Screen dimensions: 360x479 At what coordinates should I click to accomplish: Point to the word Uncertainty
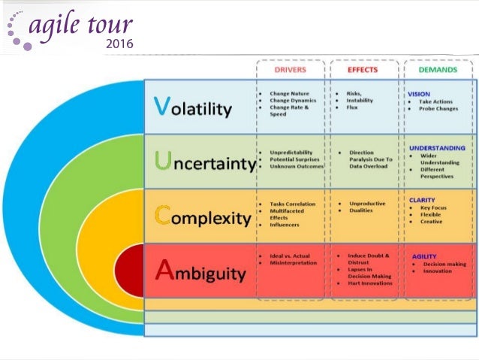[202, 162]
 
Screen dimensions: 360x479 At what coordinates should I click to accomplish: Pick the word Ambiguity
[199, 272]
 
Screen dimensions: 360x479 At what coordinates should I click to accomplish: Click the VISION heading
[419, 94]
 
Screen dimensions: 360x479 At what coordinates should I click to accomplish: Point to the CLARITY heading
[422, 201]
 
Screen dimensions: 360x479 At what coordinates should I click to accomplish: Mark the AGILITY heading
[424, 256]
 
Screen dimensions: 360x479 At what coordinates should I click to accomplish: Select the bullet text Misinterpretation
[294, 262]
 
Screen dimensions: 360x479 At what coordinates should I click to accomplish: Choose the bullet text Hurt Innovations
[369, 283]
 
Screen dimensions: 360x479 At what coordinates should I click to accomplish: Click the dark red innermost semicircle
[132, 271]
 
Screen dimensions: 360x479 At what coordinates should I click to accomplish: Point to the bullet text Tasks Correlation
[293, 204]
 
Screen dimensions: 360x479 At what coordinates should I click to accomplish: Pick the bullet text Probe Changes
[439, 109]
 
